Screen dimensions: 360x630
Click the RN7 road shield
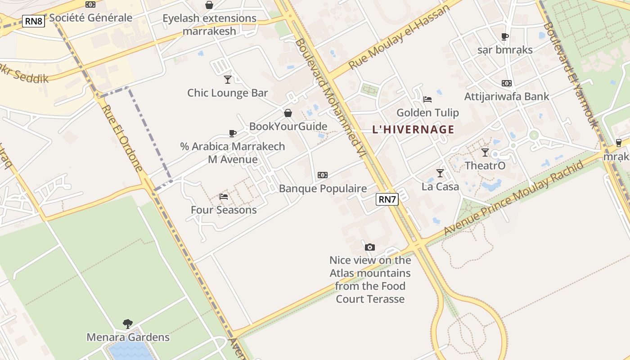coord(387,199)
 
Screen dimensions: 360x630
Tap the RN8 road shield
coord(34,21)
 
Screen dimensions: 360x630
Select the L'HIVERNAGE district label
coord(413,130)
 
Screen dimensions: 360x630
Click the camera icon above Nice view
coord(370,247)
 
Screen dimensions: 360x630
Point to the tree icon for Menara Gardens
coord(128,324)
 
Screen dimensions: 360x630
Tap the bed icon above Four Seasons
coord(224,196)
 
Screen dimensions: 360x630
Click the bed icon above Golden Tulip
coord(427,99)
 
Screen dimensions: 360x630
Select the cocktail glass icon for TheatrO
coord(485,153)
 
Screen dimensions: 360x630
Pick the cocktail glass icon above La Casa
coord(440,173)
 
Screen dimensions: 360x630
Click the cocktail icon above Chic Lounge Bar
coord(228,80)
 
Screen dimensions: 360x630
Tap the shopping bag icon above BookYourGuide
coord(288,113)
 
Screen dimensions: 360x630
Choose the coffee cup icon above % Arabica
coord(233,133)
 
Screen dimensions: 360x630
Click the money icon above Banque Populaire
coord(323,175)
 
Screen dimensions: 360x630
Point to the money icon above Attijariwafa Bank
coord(507,83)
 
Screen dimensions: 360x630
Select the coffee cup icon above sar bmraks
coord(505,36)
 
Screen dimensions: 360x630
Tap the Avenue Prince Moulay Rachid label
coord(513,198)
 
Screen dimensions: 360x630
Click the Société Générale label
coord(91,18)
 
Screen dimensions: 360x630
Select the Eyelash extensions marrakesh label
coord(209,25)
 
